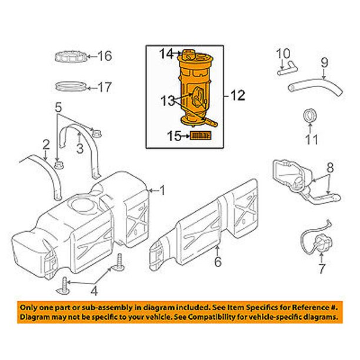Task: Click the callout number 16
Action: (x=104, y=56)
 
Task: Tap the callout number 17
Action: (x=104, y=88)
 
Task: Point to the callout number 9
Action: (x=323, y=61)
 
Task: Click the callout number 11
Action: (x=312, y=140)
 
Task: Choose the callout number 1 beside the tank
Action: (x=163, y=190)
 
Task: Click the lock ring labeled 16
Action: (x=71, y=57)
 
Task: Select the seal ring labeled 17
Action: (x=71, y=86)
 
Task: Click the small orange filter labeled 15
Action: (x=201, y=137)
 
